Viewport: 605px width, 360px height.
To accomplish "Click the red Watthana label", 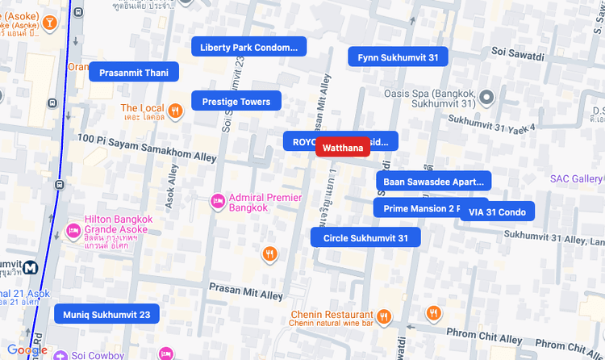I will pos(343,149).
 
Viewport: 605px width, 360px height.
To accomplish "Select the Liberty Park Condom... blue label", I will pos(248,48).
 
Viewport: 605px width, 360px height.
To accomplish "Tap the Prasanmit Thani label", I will pos(133,73).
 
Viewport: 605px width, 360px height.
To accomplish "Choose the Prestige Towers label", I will pos(236,102).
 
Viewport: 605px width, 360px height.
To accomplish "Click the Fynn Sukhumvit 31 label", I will pos(398,57).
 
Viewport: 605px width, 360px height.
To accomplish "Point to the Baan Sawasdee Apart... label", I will pos(433,182).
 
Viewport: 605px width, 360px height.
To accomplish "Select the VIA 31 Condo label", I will pos(497,212).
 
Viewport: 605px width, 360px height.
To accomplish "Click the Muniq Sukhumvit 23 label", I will pos(106,314).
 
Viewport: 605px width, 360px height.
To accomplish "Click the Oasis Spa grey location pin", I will pos(486,98).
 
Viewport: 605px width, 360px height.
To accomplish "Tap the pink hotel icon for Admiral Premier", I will pos(217,202).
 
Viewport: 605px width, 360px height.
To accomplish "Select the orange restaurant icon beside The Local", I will pos(175,110).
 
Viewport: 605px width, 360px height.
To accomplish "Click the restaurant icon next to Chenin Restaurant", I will pos(384,316).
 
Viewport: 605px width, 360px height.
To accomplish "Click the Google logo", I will pos(27,350).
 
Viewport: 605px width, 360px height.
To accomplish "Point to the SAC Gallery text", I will pos(577,178).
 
